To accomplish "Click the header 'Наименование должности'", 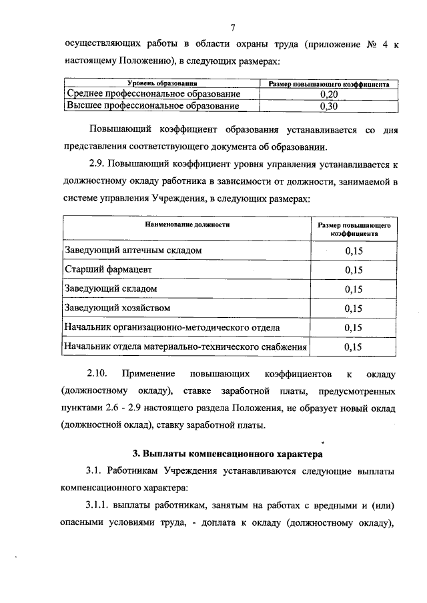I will [187, 225].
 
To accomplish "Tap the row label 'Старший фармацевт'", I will [109, 269].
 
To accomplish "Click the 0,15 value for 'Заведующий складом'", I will [354, 289].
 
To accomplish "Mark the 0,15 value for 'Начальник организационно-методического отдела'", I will [354, 328].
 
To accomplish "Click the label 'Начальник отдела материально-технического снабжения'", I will [185, 346].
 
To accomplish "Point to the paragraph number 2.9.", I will [96, 162].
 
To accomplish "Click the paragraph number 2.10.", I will [99, 373].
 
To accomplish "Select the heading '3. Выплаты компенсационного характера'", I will [227, 455].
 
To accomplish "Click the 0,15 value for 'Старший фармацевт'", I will [354, 270].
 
